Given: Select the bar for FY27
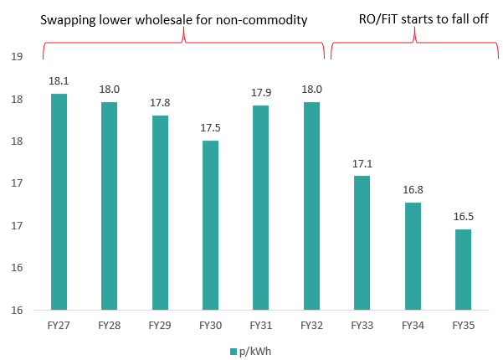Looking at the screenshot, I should click(x=59, y=202).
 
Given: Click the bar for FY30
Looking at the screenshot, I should click(x=210, y=225).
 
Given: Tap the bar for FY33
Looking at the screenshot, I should click(x=361, y=243).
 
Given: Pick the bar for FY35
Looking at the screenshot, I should click(x=461, y=270).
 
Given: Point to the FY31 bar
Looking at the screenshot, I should click(x=260, y=208).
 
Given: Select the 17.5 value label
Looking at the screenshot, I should click(x=210, y=129).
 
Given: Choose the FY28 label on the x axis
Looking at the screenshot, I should click(x=110, y=325).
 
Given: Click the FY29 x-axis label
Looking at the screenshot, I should click(x=160, y=325).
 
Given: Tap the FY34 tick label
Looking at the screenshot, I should click(x=411, y=325).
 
